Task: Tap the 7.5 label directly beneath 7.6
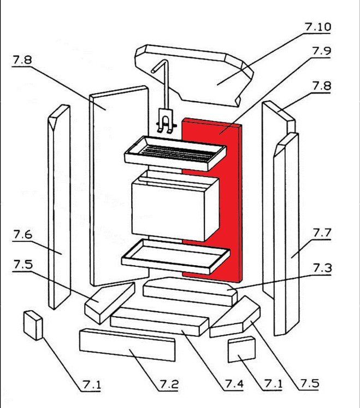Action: click(22, 265)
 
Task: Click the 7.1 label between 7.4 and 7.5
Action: click(272, 384)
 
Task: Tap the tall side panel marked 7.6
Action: click(58, 208)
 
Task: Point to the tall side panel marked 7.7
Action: click(286, 235)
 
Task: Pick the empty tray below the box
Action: click(175, 256)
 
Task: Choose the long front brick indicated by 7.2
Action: click(127, 345)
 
